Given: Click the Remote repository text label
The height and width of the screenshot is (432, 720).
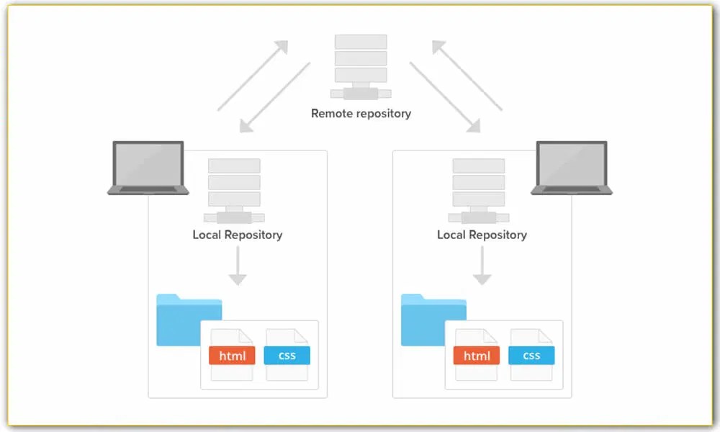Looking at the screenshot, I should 361,113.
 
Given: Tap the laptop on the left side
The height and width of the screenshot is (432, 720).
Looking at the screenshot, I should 148,168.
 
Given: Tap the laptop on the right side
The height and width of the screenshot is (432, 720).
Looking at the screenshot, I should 572,168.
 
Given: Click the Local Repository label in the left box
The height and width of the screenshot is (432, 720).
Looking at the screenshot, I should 237,235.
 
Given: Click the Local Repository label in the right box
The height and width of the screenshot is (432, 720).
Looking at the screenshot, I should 482,235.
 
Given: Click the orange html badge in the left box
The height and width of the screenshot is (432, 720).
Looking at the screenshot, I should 232,356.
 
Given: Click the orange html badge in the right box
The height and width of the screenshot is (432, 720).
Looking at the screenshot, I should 477,356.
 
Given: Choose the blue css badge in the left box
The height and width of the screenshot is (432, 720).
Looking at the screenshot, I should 287,356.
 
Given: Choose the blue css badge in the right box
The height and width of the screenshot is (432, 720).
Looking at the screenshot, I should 531,356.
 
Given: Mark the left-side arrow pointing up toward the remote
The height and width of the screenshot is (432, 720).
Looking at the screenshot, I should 253,75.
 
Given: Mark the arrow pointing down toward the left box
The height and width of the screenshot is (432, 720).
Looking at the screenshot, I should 275,97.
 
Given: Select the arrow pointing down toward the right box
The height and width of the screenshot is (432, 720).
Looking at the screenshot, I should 445,97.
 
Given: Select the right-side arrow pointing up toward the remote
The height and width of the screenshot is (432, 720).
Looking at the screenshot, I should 467,75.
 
